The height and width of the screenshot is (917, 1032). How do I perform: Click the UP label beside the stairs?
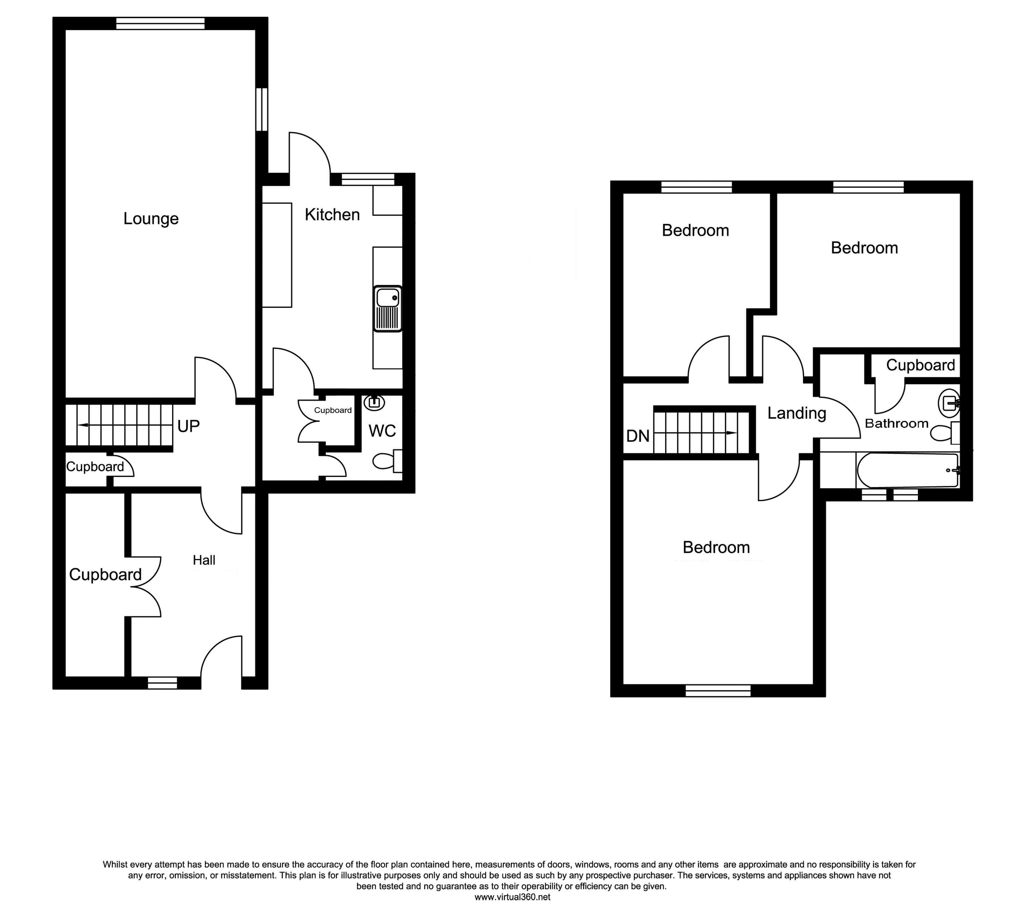coord(188,426)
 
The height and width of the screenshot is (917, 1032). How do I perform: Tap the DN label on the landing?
coord(638,436)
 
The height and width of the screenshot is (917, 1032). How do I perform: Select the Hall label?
coord(204,560)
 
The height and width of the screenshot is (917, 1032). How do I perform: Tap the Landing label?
coord(797,413)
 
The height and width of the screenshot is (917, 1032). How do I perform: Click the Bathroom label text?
coord(897,424)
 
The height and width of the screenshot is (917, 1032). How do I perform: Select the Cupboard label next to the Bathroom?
coord(920,365)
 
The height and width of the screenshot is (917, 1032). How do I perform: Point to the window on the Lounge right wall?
coord(262,109)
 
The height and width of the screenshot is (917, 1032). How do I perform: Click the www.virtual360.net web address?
coord(512,897)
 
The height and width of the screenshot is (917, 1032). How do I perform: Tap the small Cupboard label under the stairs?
coord(95,467)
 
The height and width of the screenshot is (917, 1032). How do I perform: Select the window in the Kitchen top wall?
coord(368,179)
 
